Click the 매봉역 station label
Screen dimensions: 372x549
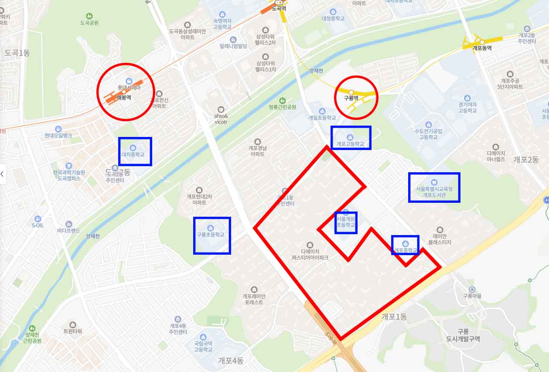click(124, 97)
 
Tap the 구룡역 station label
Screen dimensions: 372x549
click(351, 98)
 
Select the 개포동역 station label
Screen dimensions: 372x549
click(482, 48)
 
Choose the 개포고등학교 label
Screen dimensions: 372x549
click(350, 144)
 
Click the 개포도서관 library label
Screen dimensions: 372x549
click(434, 192)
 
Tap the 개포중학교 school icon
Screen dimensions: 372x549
click(405, 243)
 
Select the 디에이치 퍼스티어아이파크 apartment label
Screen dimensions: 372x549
click(310, 255)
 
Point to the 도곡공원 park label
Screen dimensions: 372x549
click(89, 23)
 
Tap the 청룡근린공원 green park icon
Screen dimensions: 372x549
click(283, 101)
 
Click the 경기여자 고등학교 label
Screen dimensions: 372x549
click(467, 108)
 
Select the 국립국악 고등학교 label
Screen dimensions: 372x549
click(203, 347)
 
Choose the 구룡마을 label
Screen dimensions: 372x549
click(472, 296)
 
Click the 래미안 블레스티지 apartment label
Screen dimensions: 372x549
click(440, 239)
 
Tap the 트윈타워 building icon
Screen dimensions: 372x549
click(72, 325)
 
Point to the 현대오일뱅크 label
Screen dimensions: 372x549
click(58, 136)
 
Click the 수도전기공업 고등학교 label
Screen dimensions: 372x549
click(428, 134)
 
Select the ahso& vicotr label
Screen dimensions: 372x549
click(221, 119)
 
